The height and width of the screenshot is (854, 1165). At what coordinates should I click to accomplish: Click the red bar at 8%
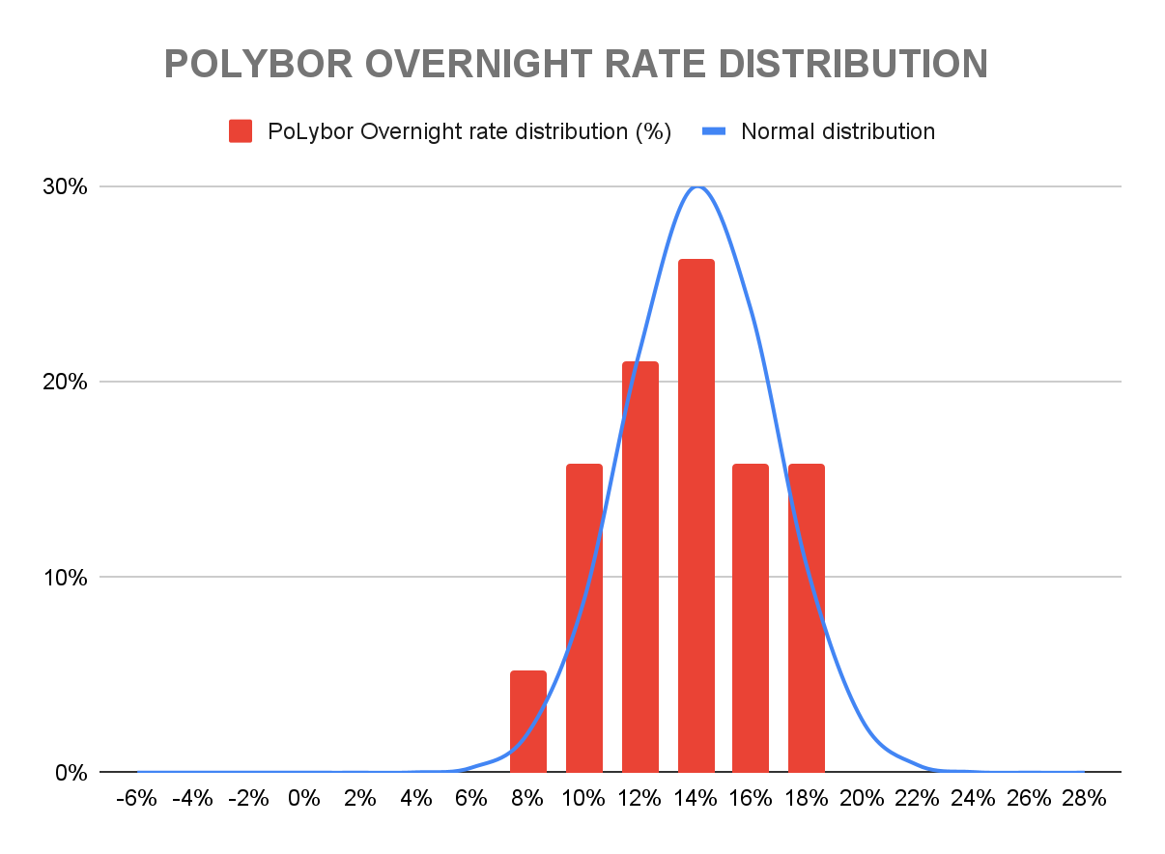(528, 722)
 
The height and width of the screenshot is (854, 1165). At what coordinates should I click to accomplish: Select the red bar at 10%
(584, 618)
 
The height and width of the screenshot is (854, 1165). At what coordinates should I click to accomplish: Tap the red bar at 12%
(639, 567)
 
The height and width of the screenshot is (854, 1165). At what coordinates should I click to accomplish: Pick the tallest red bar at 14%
(696, 516)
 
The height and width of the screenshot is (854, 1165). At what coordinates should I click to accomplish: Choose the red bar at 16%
(751, 618)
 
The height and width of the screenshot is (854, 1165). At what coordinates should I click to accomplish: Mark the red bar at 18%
(807, 618)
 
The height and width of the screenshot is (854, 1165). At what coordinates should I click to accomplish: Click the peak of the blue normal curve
(696, 186)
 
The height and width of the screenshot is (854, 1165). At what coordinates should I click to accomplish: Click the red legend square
(241, 131)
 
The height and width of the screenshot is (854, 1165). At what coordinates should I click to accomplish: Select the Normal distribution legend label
(838, 131)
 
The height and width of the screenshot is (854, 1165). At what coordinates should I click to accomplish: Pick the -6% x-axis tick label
(137, 799)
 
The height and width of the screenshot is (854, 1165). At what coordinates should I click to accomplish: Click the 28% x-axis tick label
(1084, 799)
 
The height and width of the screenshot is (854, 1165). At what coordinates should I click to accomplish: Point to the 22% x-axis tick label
(917, 799)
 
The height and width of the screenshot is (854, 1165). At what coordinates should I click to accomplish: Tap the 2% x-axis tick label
(360, 799)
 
